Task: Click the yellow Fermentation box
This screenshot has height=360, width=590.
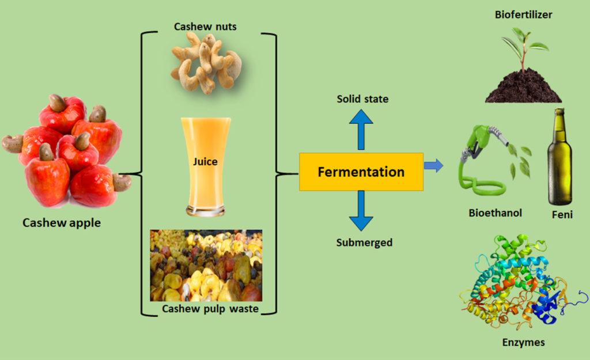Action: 361,172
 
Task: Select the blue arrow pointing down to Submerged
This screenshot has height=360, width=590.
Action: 361,211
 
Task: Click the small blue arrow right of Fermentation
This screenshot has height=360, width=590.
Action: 434,166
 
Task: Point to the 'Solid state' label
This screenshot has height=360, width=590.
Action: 362,99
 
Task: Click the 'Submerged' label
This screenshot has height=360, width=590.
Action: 364,242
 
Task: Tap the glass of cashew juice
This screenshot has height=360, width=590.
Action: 205,166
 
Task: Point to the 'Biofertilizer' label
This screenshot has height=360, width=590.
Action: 523,14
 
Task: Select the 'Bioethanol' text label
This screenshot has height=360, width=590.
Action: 495,213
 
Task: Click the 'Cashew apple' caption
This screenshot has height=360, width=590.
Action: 61,222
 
